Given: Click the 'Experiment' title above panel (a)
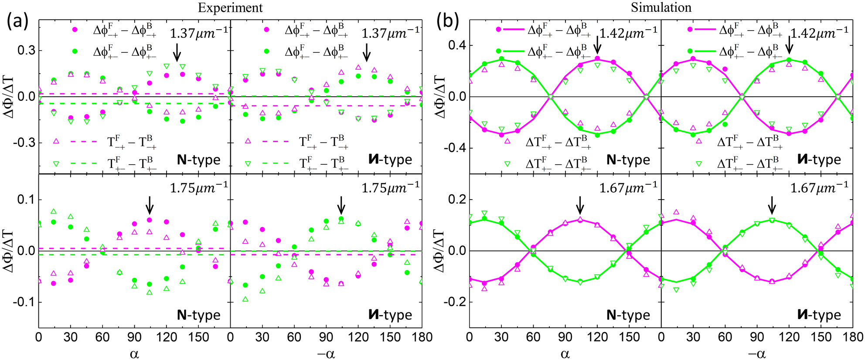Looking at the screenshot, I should (230, 8).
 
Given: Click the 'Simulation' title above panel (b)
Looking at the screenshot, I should (661, 7).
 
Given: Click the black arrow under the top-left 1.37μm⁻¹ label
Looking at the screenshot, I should (177, 52).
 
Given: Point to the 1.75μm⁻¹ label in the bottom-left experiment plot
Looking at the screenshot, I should (198, 188).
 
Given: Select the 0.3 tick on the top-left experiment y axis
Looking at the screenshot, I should (26, 51).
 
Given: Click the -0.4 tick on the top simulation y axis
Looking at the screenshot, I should (454, 148).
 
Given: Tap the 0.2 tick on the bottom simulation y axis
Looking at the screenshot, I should (457, 200).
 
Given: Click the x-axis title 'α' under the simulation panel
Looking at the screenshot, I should (565, 354).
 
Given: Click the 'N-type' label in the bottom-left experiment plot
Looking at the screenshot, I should (198, 315).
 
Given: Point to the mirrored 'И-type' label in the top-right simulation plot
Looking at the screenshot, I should (819, 160).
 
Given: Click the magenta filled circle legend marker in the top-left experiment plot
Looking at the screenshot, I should (75, 30).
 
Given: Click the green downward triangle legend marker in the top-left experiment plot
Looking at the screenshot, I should (56, 163).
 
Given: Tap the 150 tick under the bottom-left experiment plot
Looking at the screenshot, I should (198, 337).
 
